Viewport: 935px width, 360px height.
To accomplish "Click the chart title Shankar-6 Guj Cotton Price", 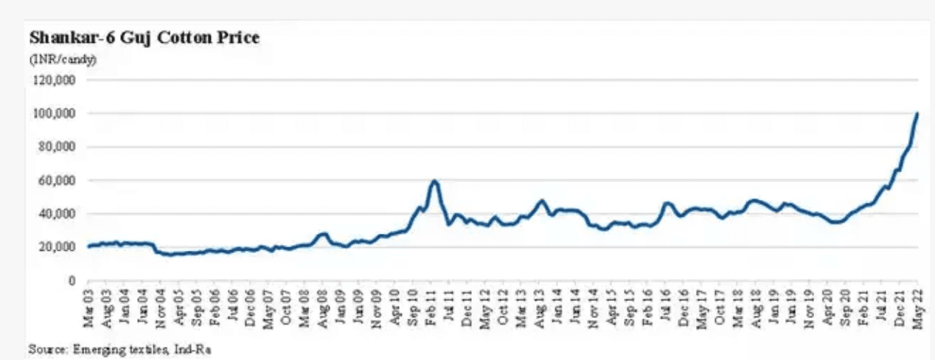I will click(144, 38).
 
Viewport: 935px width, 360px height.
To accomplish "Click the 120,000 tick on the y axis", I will click(58, 80).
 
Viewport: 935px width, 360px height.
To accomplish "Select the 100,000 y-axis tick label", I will click(58, 114).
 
